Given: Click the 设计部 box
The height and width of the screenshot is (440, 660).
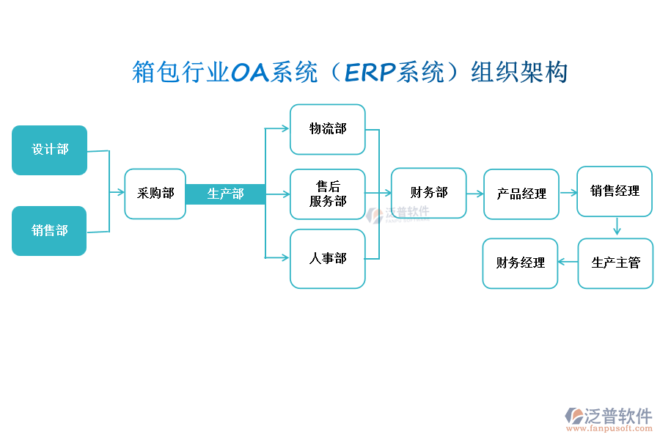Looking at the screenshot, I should [x=50, y=150].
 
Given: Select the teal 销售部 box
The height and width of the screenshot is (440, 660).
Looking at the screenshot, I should [x=49, y=230].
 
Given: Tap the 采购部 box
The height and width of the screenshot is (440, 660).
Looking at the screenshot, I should [x=155, y=194].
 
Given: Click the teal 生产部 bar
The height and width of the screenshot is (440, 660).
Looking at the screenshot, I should [x=225, y=194].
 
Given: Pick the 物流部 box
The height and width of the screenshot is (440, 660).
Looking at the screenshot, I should [x=327, y=129].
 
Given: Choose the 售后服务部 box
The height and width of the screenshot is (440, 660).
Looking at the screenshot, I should [x=327, y=194].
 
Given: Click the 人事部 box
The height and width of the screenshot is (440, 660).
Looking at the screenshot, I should [x=327, y=258].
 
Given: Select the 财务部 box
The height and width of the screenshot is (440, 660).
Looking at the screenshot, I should [x=428, y=193].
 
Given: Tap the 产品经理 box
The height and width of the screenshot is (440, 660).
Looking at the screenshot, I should [x=521, y=194].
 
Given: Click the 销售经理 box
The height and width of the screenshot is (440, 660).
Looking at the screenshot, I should [x=615, y=191].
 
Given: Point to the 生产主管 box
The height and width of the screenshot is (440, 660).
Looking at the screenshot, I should [x=615, y=263].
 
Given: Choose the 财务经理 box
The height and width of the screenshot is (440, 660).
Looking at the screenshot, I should [x=520, y=263].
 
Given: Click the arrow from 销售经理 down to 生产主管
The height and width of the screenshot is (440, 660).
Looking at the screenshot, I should [x=617, y=227].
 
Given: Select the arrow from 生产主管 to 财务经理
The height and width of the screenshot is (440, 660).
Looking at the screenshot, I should [x=568, y=262].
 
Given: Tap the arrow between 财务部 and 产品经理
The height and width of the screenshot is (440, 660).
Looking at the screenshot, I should [x=475, y=194].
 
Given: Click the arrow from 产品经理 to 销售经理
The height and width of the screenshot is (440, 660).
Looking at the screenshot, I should [x=568, y=192].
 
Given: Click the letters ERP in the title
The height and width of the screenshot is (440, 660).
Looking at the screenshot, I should [x=370, y=72].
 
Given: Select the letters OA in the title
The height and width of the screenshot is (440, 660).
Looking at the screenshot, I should [x=250, y=72].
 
